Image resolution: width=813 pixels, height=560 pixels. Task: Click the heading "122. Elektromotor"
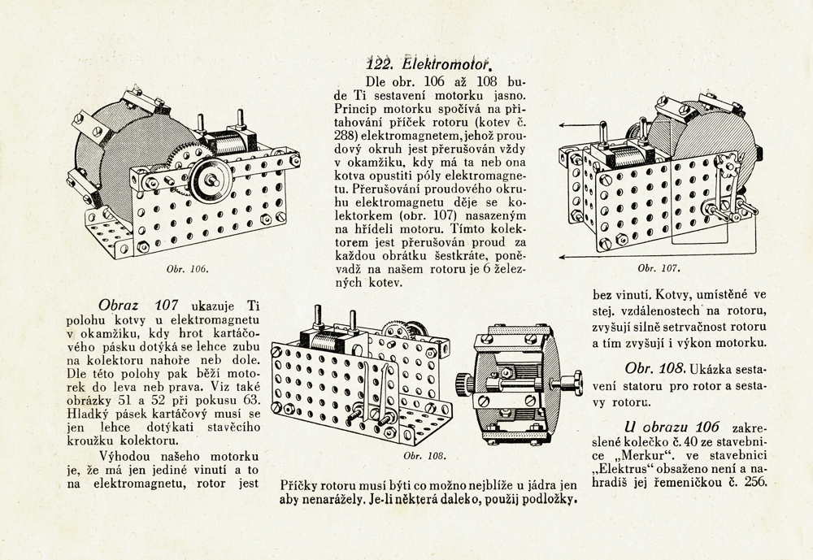pos(430,62)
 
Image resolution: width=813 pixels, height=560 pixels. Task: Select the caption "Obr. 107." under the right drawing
pos(658,267)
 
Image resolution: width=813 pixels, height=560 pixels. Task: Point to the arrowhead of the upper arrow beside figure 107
pos(561,125)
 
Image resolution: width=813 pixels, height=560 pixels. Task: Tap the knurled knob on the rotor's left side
pos(464,381)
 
